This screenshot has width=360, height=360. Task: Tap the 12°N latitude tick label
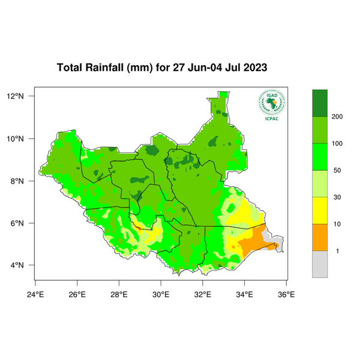23,96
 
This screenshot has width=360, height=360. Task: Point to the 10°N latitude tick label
23,139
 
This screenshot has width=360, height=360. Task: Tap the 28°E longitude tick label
119,294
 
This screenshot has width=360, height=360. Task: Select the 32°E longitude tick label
202,294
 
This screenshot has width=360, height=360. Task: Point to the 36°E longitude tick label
286,294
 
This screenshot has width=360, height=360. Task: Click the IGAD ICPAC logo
271,106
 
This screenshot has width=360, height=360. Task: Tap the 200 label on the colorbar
337,116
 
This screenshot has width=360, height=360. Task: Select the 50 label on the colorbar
337,170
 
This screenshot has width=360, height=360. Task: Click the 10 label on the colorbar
337,224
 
